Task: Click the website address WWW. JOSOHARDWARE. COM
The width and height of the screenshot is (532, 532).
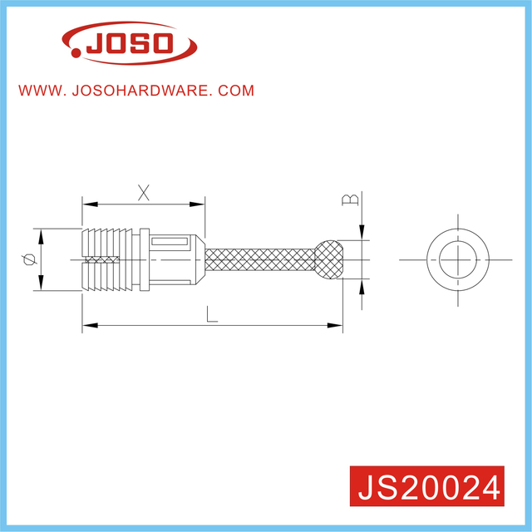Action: click(136, 91)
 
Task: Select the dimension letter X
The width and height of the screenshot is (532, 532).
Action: click(144, 192)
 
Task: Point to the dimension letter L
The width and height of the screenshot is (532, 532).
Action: click(213, 315)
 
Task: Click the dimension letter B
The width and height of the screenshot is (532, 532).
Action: click(351, 199)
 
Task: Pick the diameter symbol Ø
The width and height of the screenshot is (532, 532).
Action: click(30, 260)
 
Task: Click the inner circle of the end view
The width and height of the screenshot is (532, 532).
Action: click(455, 259)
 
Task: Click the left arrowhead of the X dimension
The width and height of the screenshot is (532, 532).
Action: click(86, 203)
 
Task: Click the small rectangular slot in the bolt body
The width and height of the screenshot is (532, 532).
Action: click(171, 244)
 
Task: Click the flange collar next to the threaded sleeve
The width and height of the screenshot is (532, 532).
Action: click(143, 259)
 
